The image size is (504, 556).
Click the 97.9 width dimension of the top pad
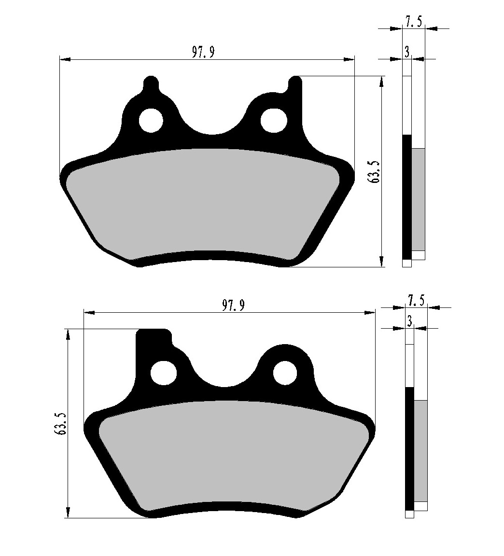point(202,53)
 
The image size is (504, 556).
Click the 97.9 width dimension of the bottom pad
point(233,306)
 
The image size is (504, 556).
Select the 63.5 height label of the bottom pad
point(60,424)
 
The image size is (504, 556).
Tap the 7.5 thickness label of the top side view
point(413,22)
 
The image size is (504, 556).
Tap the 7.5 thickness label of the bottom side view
point(416,301)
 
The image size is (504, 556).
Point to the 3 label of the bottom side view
point(409,321)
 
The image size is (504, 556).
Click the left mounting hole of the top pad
point(151,120)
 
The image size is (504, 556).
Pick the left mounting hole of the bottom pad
point(164,373)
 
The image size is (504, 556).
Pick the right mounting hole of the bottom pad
point(285,373)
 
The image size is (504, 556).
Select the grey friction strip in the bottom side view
point(420,450)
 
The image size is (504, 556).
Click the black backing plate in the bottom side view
point(409,448)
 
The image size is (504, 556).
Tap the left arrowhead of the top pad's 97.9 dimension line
point(64,59)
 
